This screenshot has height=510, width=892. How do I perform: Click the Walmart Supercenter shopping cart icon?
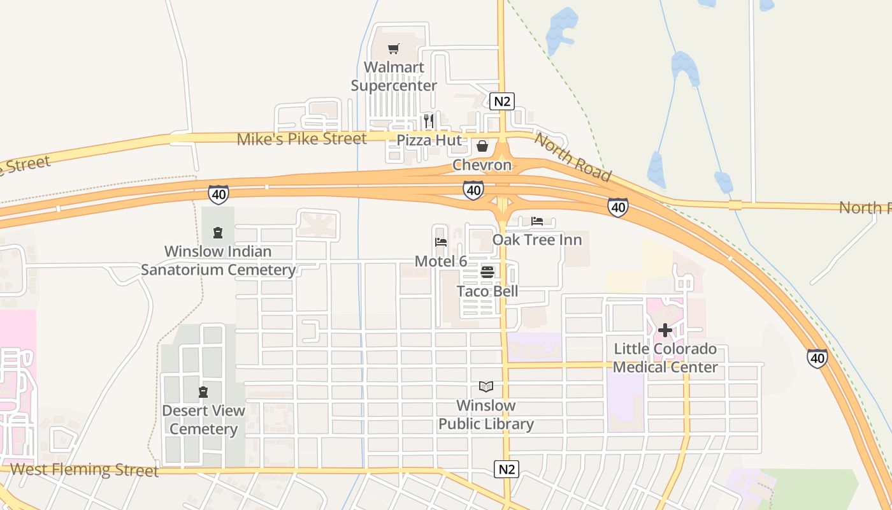(x=394, y=49)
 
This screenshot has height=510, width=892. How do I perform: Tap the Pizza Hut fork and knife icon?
(x=429, y=120)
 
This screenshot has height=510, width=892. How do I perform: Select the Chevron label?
(x=482, y=165)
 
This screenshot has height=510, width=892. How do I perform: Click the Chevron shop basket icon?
(x=482, y=147)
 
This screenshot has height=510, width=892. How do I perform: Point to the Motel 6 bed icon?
(x=440, y=242)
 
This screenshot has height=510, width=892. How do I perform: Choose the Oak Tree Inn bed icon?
(x=537, y=221)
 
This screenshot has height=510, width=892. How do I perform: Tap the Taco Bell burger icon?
(x=487, y=273)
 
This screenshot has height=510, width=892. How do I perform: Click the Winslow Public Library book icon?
(x=486, y=387)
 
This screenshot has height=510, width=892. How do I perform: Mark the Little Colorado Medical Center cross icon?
(x=665, y=330)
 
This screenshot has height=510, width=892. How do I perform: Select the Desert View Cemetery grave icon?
(x=203, y=391)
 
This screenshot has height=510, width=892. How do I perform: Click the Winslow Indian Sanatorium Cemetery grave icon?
(x=218, y=233)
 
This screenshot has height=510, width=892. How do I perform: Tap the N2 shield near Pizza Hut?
(x=502, y=101)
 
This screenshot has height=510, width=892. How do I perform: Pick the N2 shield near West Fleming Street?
(x=507, y=470)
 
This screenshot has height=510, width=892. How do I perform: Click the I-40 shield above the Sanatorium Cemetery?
(x=218, y=194)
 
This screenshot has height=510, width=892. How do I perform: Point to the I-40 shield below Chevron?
(x=473, y=189)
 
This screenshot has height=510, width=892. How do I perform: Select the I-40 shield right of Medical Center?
(x=817, y=358)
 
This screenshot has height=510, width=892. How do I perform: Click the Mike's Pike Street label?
(x=301, y=139)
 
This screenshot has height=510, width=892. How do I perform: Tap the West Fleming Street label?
(x=84, y=470)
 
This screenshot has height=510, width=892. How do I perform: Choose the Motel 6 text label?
(x=441, y=261)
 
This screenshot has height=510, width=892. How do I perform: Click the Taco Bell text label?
(x=487, y=291)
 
